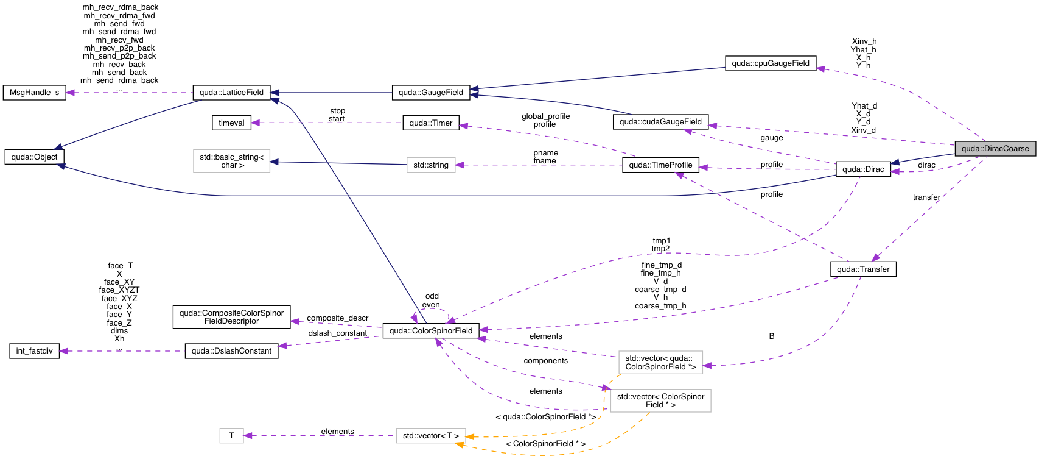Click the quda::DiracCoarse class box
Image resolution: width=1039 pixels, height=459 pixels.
pyautogui.click(x=995, y=149)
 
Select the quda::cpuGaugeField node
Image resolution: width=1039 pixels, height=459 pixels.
pyautogui.click(x=770, y=63)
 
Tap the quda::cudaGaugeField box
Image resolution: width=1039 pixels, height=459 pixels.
pyautogui.click(x=660, y=122)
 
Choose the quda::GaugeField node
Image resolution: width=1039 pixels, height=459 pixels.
pyautogui.click(x=430, y=93)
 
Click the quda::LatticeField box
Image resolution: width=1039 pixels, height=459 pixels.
pyautogui.click(x=231, y=93)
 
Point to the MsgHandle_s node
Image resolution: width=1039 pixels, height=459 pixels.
pyautogui.click(x=35, y=93)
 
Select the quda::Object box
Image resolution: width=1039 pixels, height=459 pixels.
pyautogui.click(x=34, y=157)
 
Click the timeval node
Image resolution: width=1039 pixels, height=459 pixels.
pyautogui.click(x=231, y=123)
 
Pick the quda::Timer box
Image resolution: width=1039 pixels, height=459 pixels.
pyautogui.click(x=430, y=123)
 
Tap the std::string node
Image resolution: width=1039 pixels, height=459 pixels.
pyautogui.click(x=430, y=165)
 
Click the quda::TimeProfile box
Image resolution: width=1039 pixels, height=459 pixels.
pyautogui.click(x=660, y=165)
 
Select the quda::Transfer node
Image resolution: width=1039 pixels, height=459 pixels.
pyautogui.click(x=862, y=269)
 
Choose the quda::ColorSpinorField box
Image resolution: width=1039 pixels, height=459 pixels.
pyautogui.click(x=430, y=331)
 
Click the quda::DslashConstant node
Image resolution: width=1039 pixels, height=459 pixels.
pyautogui.click(x=231, y=351)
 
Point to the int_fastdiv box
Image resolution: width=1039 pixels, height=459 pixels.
pyautogui.click(x=35, y=351)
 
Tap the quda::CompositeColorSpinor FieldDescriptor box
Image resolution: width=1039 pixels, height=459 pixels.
pyautogui.click(x=231, y=317)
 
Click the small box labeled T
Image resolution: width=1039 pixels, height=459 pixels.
pyautogui.click(x=231, y=436)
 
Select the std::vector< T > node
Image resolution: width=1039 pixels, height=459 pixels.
pyautogui.click(x=430, y=436)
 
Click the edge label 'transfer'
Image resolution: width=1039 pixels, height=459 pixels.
pyautogui.click(x=926, y=197)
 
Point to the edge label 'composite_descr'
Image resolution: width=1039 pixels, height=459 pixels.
pyautogui.click(x=337, y=318)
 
